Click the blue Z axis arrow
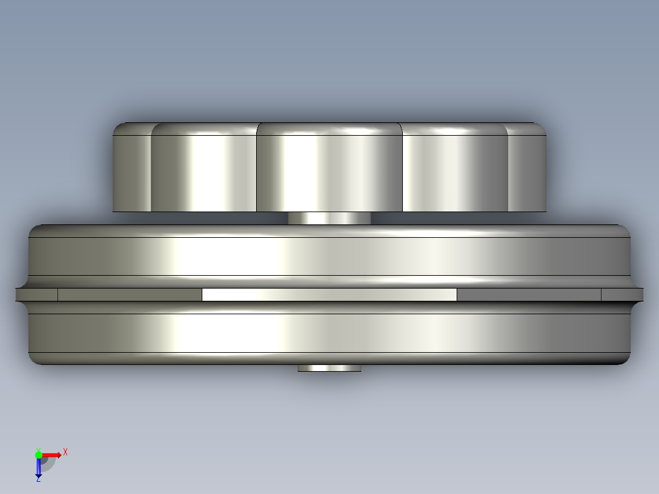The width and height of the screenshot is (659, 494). click(x=39, y=468)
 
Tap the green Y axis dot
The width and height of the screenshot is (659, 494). click(x=39, y=455)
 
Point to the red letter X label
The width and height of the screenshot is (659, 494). click(x=65, y=452)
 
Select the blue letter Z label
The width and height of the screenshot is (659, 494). click(x=39, y=479)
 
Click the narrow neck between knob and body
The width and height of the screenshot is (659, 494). click(x=330, y=218)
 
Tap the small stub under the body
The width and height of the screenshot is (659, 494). click(x=330, y=368)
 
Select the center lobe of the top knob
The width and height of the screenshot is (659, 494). click(x=330, y=168)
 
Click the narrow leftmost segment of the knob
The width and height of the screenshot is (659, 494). click(x=132, y=168)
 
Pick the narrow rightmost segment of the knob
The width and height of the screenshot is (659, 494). click(x=527, y=168)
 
